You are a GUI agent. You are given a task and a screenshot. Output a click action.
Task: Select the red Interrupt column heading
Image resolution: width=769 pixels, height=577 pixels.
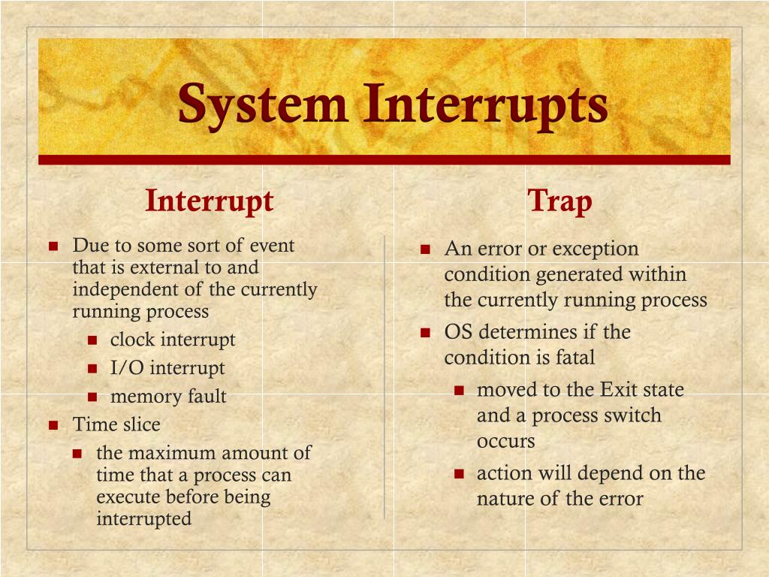(209, 201)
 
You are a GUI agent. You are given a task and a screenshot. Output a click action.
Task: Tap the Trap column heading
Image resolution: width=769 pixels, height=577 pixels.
(559, 201)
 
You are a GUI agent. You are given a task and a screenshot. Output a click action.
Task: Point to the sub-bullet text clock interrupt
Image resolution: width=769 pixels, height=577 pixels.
(173, 340)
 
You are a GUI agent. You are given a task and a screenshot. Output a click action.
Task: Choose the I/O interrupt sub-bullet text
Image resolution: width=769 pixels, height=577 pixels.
(167, 368)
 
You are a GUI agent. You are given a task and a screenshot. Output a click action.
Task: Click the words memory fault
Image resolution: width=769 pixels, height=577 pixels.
(168, 397)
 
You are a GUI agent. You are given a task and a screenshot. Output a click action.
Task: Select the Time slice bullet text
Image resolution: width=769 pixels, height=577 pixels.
(116, 424)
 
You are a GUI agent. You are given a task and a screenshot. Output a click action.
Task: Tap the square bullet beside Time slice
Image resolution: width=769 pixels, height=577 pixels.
(53, 425)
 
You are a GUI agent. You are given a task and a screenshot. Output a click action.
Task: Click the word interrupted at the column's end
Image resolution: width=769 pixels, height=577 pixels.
(143, 518)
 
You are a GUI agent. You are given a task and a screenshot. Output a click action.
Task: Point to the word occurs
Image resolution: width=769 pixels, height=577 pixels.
(505, 441)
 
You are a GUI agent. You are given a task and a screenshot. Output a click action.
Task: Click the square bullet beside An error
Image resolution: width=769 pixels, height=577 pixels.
(425, 249)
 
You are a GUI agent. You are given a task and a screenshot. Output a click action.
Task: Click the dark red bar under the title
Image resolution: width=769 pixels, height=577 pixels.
(384, 159)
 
